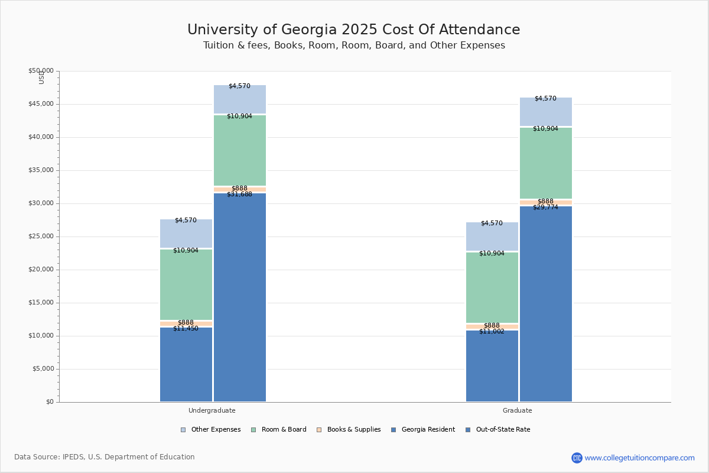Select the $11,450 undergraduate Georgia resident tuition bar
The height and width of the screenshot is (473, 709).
pyautogui.click(x=186, y=364)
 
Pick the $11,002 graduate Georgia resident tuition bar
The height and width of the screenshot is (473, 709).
pyautogui.click(x=492, y=366)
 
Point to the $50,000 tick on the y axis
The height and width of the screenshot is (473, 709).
pyautogui.click(x=41, y=71)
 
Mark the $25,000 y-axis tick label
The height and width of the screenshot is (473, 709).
pyautogui.click(x=41, y=237)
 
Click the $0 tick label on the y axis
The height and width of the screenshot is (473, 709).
pyautogui.click(x=50, y=402)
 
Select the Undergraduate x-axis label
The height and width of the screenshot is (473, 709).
pyautogui.click(x=212, y=410)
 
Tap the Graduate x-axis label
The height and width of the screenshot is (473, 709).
pyautogui.click(x=518, y=410)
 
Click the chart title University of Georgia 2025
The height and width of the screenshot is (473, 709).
pyautogui.click(x=353, y=30)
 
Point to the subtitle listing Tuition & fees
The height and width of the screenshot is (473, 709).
pyautogui.click(x=353, y=46)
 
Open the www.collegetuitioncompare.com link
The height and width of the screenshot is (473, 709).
pyautogui.click(x=639, y=458)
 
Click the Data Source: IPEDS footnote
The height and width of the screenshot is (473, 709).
pyautogui.click(x=105, y=457)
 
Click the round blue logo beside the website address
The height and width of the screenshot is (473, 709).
pyautogui.click(x=577, y=458)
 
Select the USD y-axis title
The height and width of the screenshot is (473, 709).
pyautogui.click(x=41, y=77)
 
